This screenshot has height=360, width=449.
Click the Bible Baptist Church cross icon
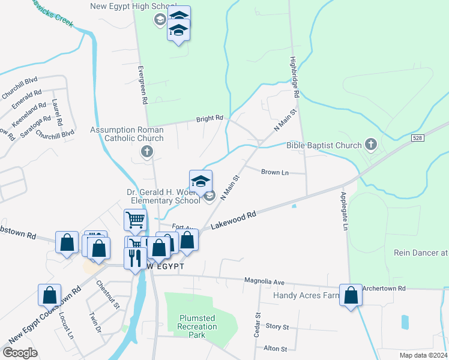click(x=371, y=145)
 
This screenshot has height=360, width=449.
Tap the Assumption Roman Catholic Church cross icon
click(x=146, y=151)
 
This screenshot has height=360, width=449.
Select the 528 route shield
click(x=418, y=138)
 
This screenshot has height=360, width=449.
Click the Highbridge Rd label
click(x=294, y=77)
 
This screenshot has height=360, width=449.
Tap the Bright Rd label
click(x=209, y=119)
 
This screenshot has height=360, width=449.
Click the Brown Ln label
click(x=275, y=172)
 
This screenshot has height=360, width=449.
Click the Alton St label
click(x=276, y=349)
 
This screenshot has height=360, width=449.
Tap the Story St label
click(x=277, y=327)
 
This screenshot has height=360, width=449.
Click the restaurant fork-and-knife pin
click(x=134, y=257)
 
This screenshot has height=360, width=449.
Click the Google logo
click(x=20, y=353)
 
